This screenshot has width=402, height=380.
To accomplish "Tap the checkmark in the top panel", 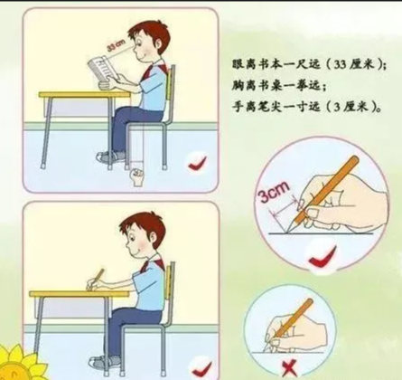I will click(x=198, y=164).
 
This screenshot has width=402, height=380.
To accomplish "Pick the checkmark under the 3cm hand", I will click(x=322, y=260).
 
